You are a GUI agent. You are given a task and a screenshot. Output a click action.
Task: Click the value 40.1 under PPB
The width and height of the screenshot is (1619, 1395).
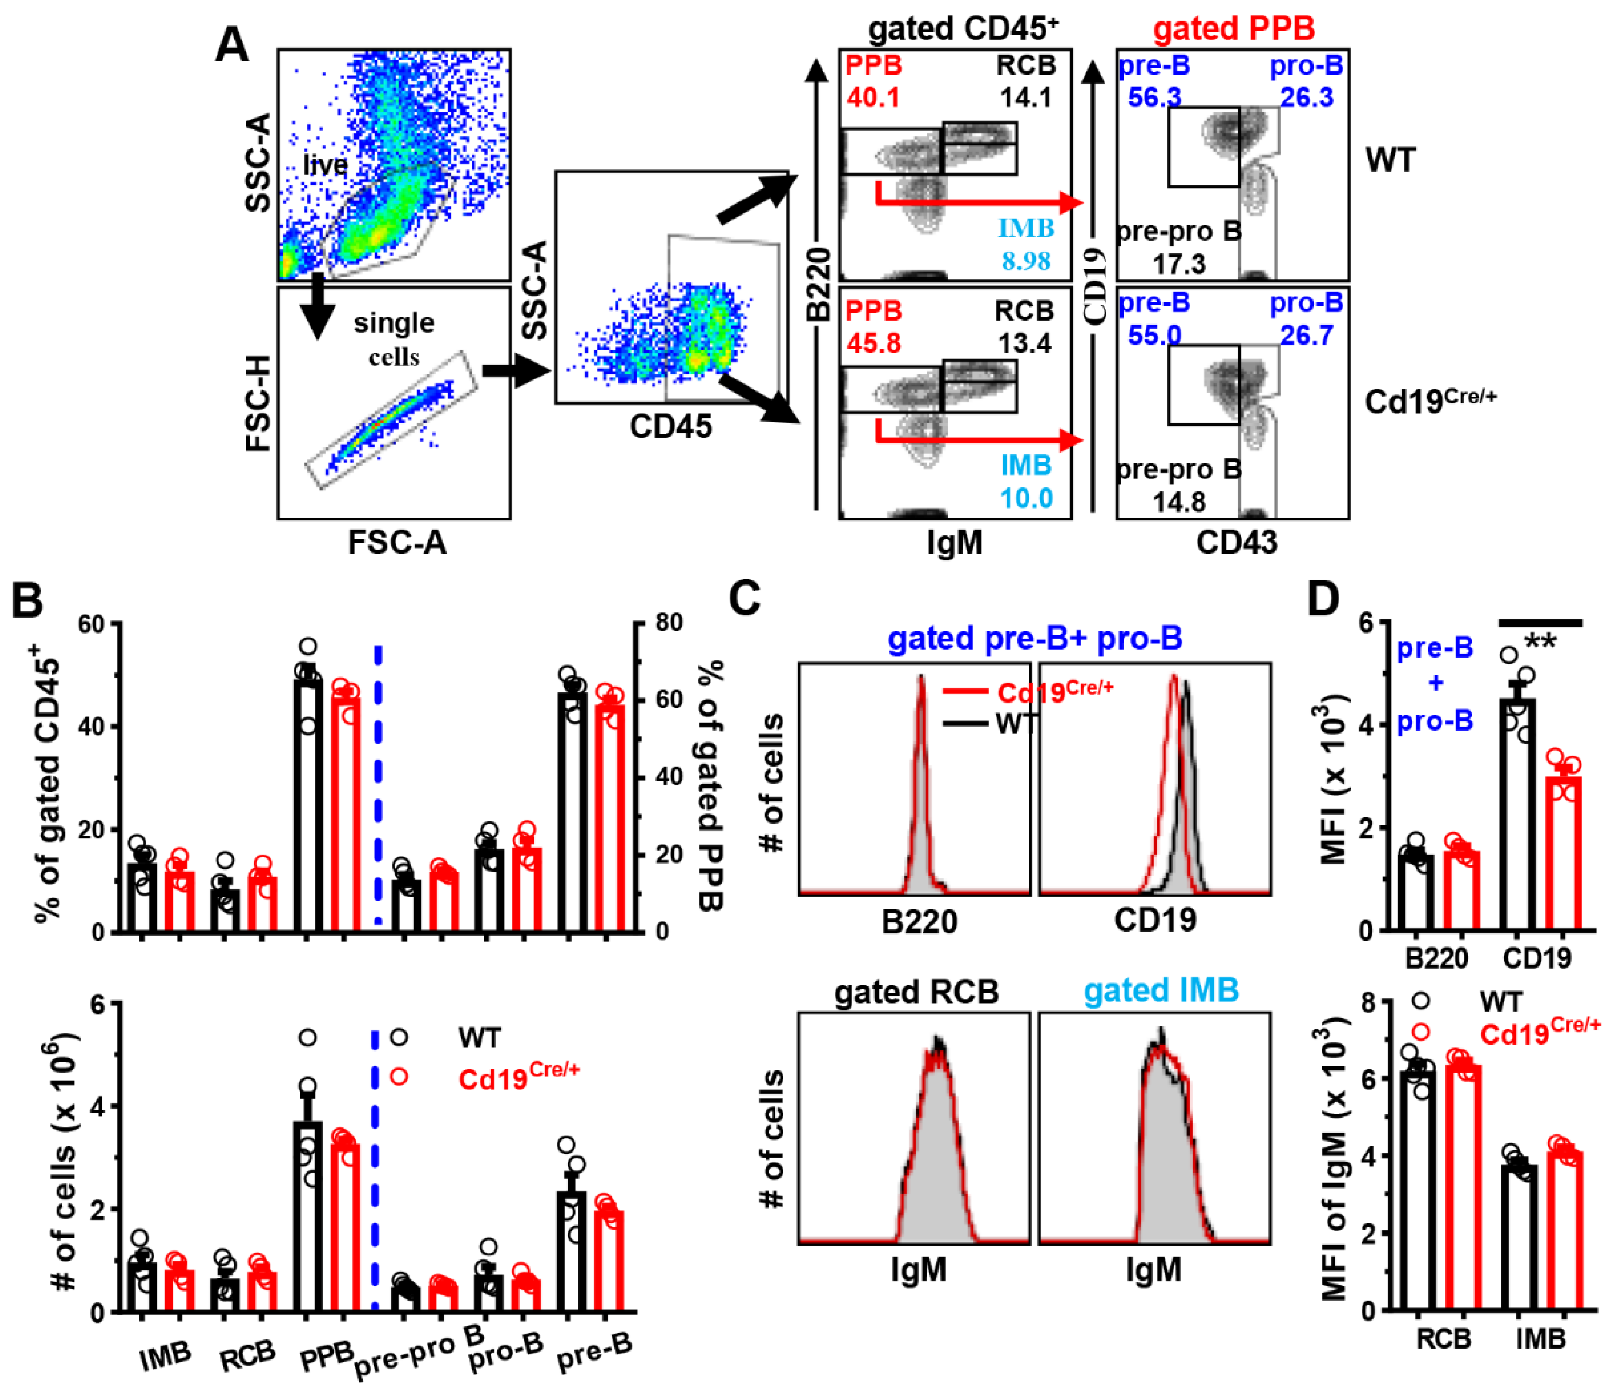click(873, 98)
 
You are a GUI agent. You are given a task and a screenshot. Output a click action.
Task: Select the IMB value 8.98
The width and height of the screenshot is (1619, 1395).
click(1026, 261)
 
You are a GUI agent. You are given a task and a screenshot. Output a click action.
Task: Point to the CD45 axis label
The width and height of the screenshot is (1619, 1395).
click(671, 427)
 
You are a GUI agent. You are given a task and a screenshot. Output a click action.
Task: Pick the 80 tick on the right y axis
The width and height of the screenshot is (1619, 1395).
click(670, 623)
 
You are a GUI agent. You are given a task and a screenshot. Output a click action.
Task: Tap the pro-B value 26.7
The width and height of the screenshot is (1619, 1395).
click(1305, 335)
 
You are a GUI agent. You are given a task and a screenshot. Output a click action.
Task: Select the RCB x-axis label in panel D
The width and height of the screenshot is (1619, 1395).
click(1443, 1339)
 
